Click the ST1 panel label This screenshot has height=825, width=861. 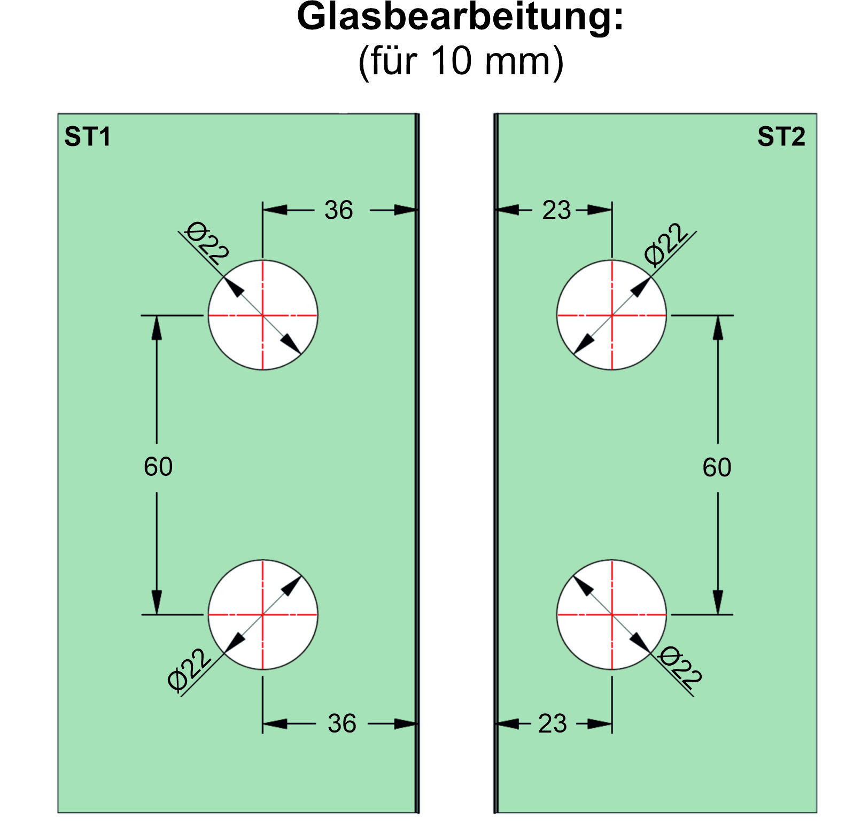87,137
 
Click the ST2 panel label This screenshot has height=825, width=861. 781,137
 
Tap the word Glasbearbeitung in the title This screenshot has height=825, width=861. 460,17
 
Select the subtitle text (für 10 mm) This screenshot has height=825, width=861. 461,61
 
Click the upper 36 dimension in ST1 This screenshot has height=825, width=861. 339,210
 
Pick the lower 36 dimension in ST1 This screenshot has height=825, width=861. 342,723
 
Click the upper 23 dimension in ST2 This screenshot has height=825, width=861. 556,210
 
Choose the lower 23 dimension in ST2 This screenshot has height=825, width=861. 552,723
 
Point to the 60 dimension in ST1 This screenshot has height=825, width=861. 158,467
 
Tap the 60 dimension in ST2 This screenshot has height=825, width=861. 717,467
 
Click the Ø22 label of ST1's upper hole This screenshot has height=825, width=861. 207,243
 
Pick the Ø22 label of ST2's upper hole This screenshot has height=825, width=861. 665,244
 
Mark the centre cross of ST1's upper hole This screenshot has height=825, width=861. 262,315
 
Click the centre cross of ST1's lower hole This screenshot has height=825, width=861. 262,615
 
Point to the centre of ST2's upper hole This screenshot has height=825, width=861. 612,315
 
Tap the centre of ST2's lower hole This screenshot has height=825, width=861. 612,615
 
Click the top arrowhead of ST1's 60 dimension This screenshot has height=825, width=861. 157,327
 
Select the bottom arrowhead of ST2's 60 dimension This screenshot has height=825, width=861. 718,603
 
